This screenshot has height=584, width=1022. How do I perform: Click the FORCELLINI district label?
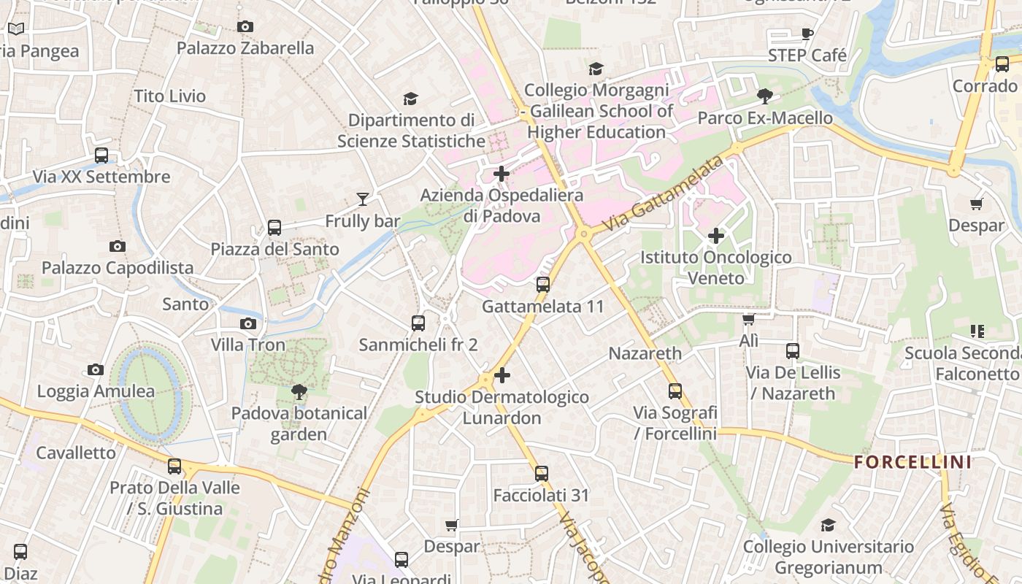point(912,462)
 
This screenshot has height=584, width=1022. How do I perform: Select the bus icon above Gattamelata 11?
point(542,285)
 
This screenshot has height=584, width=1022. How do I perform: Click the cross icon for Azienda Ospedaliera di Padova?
point(502,174)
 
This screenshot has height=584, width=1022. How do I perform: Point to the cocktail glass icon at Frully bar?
point(362,199)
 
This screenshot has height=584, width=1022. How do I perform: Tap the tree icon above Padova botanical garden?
point(299,392)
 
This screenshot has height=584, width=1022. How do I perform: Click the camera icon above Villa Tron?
point(248,323)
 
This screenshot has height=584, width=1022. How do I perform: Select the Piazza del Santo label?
point(274,249)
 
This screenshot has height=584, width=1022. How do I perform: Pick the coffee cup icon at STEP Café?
point(807,34)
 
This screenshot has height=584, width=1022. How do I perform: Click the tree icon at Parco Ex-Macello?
point(764,96)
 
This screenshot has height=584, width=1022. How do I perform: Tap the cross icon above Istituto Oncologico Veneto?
point(716,236)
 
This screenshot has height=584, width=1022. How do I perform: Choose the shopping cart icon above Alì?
point(748,320)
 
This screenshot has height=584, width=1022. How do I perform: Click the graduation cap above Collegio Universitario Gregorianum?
point(827,525)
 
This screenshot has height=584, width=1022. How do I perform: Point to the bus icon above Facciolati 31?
point(541,474)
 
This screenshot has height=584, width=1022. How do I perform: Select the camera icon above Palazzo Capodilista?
point(117,246)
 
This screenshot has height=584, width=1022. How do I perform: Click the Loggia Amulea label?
point(96,391)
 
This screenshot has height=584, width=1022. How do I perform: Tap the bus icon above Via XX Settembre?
point(101,155)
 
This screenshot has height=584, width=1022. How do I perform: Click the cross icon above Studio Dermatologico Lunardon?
point(502,375)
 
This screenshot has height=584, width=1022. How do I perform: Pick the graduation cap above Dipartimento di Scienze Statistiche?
point(410,99)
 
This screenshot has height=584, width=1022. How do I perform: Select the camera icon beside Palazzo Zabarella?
point(245,27)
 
